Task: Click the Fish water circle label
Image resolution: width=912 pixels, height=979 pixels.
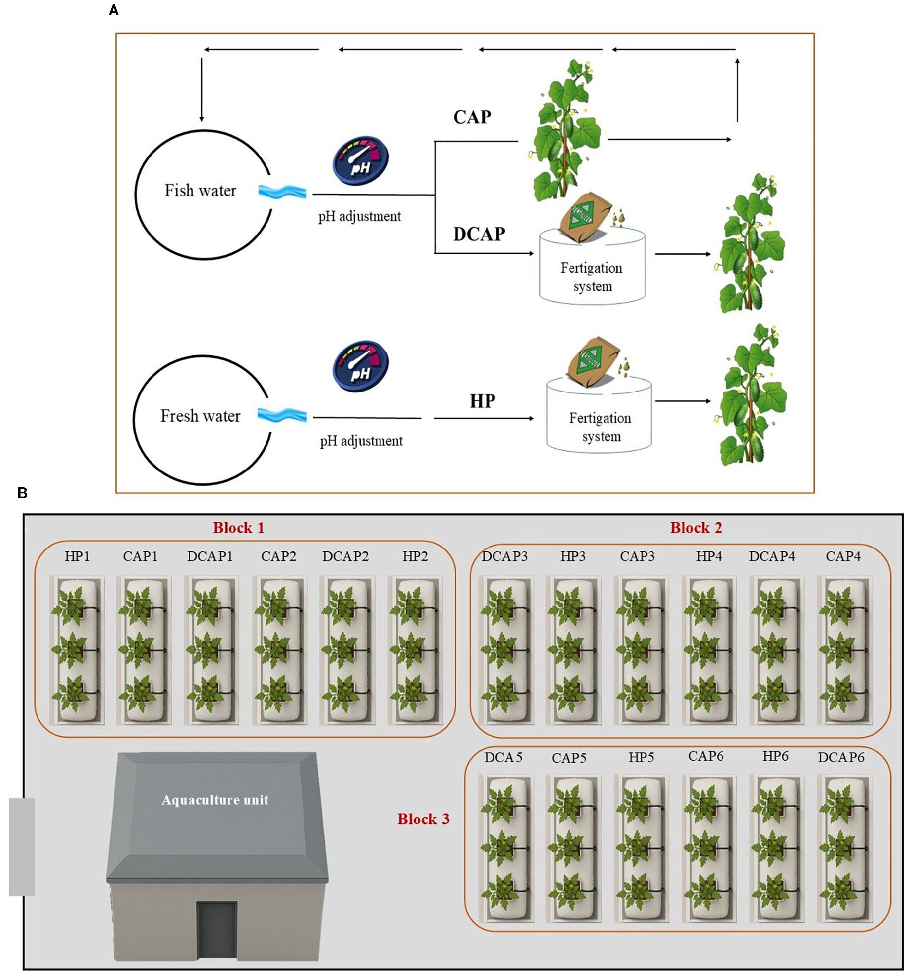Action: tap(200, 191)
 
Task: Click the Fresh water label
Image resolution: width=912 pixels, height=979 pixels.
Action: tap(200, 416)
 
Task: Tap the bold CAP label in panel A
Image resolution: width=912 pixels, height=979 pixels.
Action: tap(472, 117)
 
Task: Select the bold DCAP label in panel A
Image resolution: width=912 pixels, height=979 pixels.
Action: tap(479, 234)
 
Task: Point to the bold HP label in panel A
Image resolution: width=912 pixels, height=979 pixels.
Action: tap(482, 401)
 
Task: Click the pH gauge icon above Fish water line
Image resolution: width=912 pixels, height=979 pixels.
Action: tap(361, 160)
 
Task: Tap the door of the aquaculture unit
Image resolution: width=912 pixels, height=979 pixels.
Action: tap(217, 930)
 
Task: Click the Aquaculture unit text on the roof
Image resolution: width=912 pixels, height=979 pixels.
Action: tap(215, 800)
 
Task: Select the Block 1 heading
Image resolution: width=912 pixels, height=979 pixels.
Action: tap(238, 528)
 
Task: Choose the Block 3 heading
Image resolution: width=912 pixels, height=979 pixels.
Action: tap(423, 820)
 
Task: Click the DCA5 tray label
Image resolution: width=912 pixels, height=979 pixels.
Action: tap(503, 757)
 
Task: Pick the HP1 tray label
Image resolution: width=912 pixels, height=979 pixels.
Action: tap(77, 556)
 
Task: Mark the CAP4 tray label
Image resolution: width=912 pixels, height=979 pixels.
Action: tap(843, 556)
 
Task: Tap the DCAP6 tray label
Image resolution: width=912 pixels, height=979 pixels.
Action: tap(841, 757)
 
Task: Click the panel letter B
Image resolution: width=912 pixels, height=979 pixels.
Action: tap(23, 493)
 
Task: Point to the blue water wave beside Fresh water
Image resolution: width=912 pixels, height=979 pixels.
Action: tap(282, 415)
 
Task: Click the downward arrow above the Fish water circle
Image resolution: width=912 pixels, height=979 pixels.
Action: tap(201, 89)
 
